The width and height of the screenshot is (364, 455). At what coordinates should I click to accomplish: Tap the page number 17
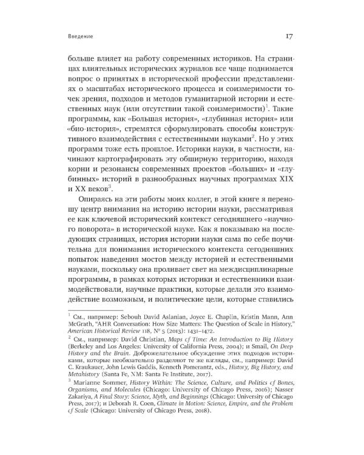point(291,35)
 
